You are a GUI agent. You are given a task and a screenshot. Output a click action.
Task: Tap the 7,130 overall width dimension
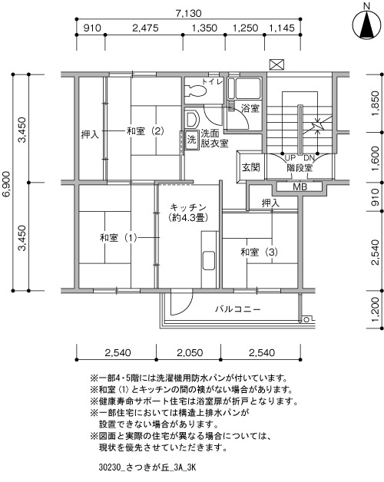(189, 14)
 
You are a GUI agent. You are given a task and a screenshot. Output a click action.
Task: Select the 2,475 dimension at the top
(145, 28)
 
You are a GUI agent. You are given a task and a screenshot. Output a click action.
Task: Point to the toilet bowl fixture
(196, 91)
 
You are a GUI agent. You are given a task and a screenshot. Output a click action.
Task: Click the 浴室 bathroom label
(250, 108)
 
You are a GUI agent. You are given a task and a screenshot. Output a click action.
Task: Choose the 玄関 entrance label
(251, 167)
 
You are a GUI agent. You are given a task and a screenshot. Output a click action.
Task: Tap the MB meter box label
(300, 187)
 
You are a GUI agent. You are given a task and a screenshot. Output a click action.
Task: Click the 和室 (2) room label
(145, 131)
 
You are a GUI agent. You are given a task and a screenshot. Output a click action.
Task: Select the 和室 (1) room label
(118, 238)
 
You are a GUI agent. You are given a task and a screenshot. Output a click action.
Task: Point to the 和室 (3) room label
(260, 253)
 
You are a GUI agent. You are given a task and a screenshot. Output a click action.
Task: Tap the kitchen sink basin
(209, 260)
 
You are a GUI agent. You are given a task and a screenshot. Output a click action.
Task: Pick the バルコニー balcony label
(238, 309)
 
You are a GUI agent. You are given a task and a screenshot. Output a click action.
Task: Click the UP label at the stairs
(290, 158)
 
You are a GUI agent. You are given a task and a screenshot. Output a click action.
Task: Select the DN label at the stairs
(309, 158)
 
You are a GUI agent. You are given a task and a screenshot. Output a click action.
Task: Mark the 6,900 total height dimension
(7, 183)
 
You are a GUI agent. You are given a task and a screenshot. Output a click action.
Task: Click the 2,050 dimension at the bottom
(190, 352)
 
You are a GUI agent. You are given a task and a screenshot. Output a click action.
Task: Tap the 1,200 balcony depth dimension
(376, 309)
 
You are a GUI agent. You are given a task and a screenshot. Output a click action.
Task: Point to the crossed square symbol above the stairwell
(276, 64)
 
